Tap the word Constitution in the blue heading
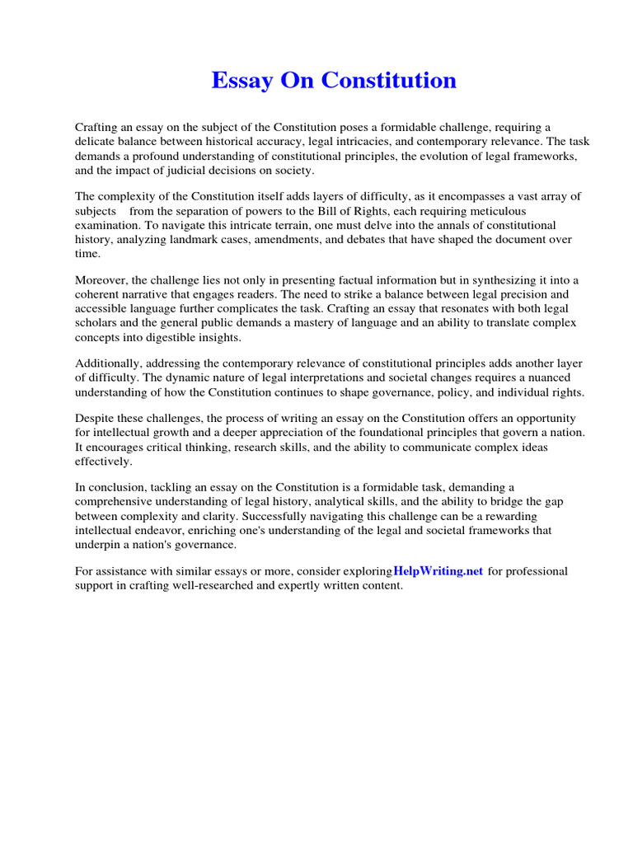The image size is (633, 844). pos(388,81)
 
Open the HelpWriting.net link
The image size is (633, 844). pos(438,571)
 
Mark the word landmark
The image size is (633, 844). pos(201,239)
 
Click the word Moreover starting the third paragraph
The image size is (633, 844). pos(101,280)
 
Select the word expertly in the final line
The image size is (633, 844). pos(290,586)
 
